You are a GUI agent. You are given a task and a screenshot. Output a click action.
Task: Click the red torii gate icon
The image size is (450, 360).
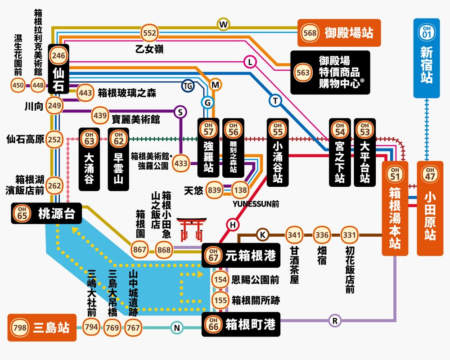tap(191, 229)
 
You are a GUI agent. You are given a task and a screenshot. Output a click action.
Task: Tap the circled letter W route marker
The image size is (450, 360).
tap(223, 24)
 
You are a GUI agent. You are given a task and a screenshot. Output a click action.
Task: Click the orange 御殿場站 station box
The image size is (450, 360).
tap(339, 33)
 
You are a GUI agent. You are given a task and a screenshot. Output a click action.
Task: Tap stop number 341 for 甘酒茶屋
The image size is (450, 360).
tap(294, 235)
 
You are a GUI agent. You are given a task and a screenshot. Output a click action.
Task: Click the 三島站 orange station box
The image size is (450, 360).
tap(41, 327)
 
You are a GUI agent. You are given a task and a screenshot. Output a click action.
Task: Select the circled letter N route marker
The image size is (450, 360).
tap(177, 328)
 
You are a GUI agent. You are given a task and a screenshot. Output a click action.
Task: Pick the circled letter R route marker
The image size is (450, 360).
tap(334, 320)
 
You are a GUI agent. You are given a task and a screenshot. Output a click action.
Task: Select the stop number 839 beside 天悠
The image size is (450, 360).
tap(215, 190)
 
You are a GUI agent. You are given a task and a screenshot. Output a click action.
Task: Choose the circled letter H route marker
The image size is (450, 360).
tap(233, 225)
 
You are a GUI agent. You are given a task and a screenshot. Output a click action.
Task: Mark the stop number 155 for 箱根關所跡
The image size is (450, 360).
tap(220, 300)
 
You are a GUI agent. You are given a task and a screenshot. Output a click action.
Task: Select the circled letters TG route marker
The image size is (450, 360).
tap(188, 85)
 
